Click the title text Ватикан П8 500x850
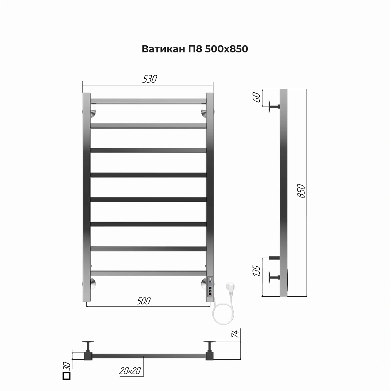pos(195,49)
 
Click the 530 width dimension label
pos(149,79)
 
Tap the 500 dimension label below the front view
pos(144,301)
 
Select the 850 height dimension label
pos(301,191)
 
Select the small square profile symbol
pos(66,376)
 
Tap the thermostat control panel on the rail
pos(210,285)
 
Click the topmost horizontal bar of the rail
pos(148,101)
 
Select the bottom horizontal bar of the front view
pos(148,273)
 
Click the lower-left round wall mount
pos(93,283)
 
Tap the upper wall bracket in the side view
pos(273,106)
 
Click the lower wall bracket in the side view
pos(273,278)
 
